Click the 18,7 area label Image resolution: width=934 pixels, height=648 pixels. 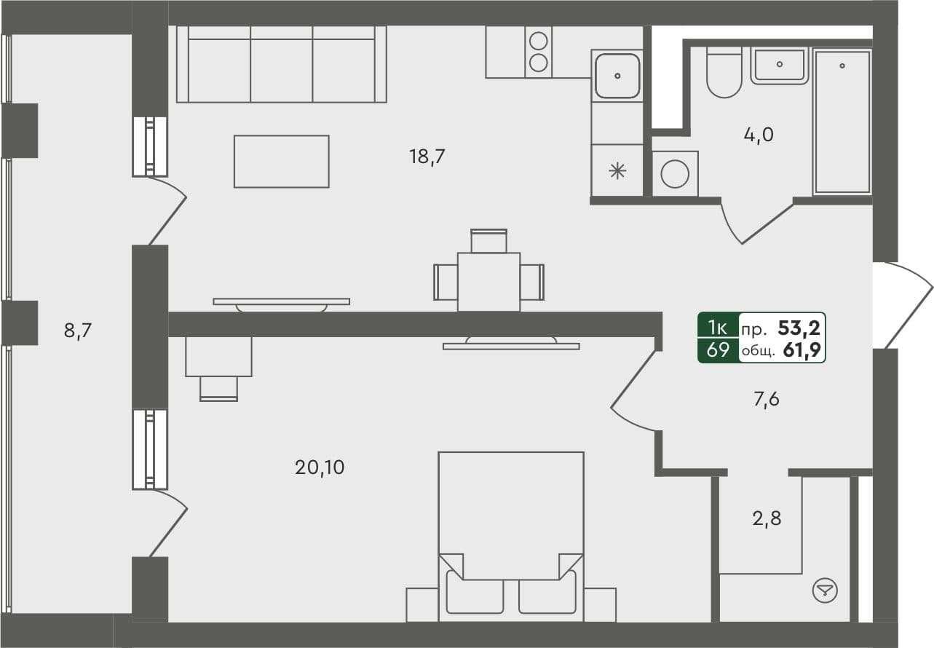coord(427,156)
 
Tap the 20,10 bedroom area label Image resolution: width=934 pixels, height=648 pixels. coord(320,467)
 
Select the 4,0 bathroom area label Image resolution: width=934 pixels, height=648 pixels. coord(758,135)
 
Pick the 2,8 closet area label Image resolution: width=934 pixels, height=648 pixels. coord(767,519)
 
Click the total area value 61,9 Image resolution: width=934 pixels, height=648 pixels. coord(803,351)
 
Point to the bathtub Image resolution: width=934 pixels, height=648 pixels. coord(842,122)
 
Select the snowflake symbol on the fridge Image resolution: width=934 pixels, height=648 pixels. coord(617,172)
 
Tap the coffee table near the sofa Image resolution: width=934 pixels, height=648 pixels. coord(281,161)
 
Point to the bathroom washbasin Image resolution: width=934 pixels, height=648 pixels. coord(780,66)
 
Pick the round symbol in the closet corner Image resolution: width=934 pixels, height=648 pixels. coord(825,589)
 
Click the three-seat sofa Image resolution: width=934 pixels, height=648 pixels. coord(281,65)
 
